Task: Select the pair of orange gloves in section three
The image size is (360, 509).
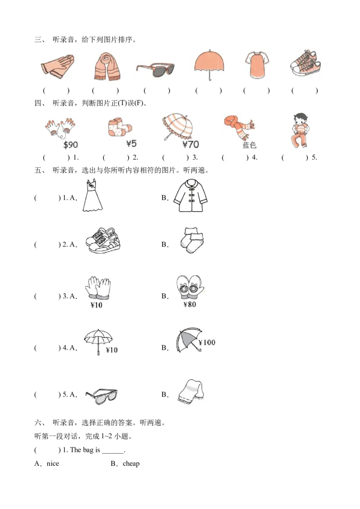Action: [57, 66]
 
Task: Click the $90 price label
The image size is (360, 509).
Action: [71, 145]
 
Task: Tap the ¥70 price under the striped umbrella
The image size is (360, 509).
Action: [191, 144]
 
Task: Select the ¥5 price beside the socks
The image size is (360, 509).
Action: [132, 144]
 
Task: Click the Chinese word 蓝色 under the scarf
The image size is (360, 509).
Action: [249, 145]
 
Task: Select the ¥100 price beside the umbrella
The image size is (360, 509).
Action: [207, 343]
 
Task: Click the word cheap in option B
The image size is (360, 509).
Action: [131, 464]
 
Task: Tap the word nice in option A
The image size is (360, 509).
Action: [53, 464]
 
